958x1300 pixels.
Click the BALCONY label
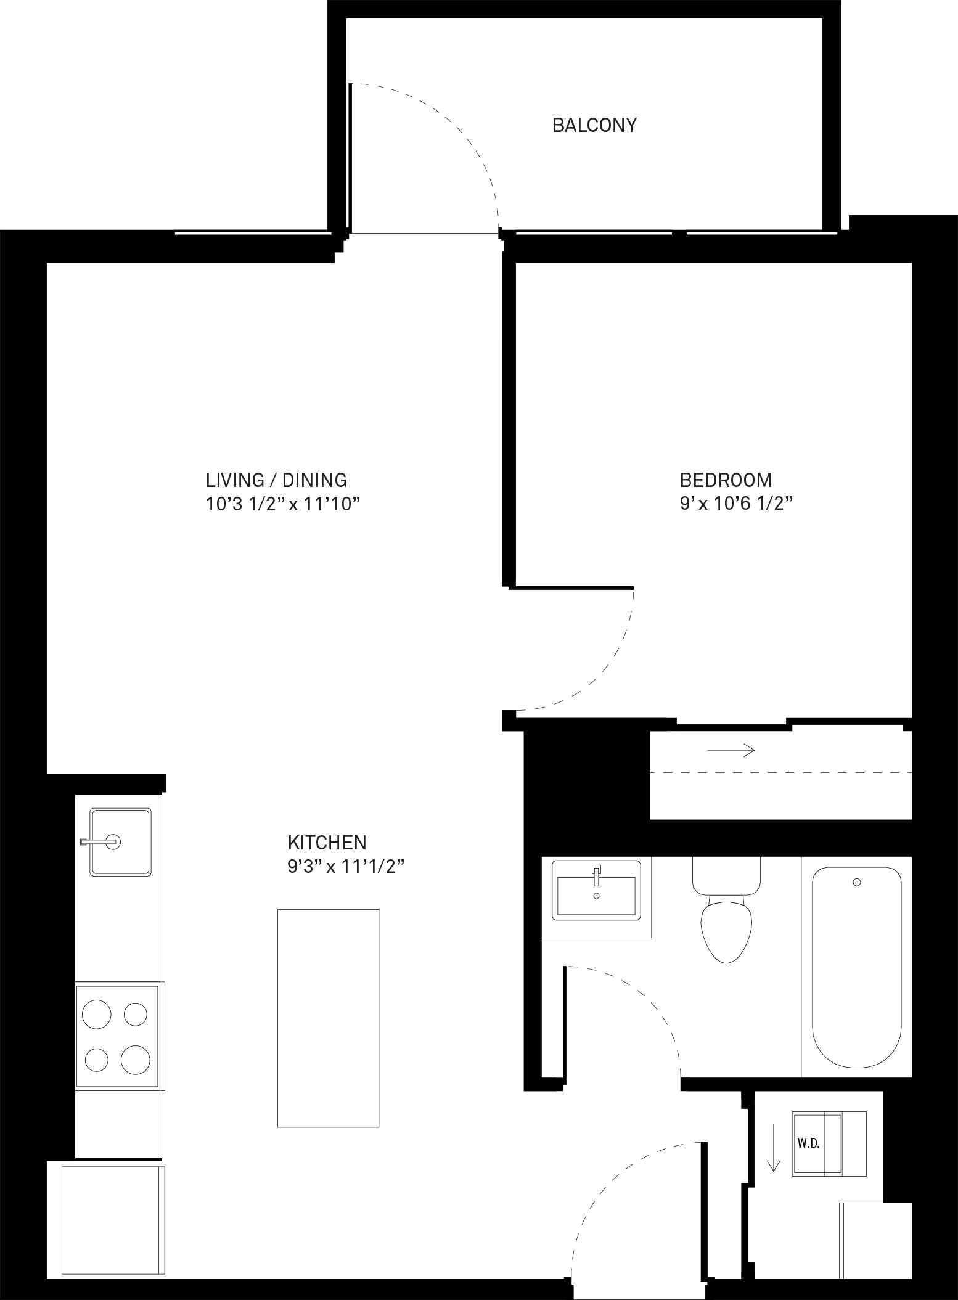coord(594,125)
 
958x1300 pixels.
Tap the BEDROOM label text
coord(726,480)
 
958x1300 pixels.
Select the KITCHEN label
coord(327,842)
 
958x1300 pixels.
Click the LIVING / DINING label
coord(276,480)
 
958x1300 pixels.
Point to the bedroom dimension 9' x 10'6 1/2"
coord(735,504)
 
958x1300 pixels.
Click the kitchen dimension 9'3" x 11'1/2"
coord(345,867)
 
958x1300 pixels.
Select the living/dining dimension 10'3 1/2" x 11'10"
coord(282,504)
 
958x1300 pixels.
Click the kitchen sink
coord(120,842)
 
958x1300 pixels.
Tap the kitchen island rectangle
coord(328,1018)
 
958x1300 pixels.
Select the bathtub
coord(857,967)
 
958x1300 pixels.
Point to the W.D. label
coord(808,1143)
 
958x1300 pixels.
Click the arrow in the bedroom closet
coord(731,750)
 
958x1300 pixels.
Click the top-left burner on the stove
coord(97,1014)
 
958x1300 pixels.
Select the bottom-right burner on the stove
coord(136,1060)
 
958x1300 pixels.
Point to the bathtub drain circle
coord(857,883)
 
